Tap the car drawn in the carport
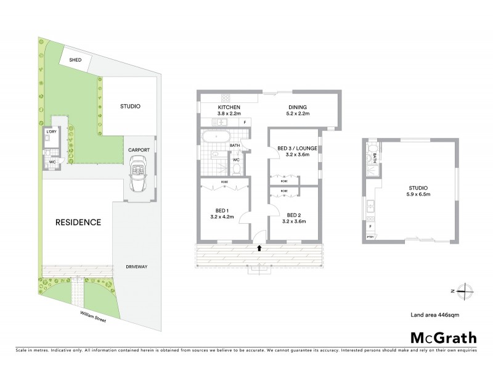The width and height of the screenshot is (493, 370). (x=138, y=175)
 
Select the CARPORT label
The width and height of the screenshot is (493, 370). (x=138, y=150)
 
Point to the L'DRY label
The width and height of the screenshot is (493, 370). (x=52, y=132)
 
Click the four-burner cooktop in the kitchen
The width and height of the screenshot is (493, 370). (x=226, y=97)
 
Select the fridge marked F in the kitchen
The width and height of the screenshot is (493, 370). (x=245, y=122)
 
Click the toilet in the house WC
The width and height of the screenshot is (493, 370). (x=236, y=167)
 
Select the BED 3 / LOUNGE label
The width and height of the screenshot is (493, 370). (x=293, y=151)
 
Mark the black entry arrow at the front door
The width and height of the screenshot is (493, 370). (x=259, y=248)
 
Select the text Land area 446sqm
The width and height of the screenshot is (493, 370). (x=436, y=314)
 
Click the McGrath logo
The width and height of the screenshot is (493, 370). (x=443, y=337)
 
